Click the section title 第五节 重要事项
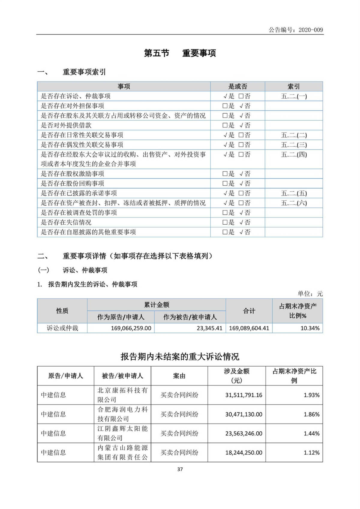coord(180,53)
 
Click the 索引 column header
coord(293,86)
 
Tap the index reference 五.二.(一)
coord(294,96)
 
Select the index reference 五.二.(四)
coord(294,154)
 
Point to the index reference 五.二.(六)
coord(294,203)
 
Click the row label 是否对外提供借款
coord(66,125)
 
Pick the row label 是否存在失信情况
coord(66,222)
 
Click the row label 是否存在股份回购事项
coord(72,183)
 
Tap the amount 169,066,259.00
coord(131,328)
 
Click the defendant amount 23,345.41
coord(209,328)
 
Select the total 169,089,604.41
coord(249,328)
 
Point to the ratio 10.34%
coord(310,328)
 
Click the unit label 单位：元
coord(310,294)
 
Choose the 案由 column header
coord(179,376)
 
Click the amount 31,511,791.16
coord(244,395)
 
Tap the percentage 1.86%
coord(311,414)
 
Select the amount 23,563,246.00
coord(244,433)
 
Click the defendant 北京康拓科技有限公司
coord(122,395)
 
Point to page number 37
coord(180,469)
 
